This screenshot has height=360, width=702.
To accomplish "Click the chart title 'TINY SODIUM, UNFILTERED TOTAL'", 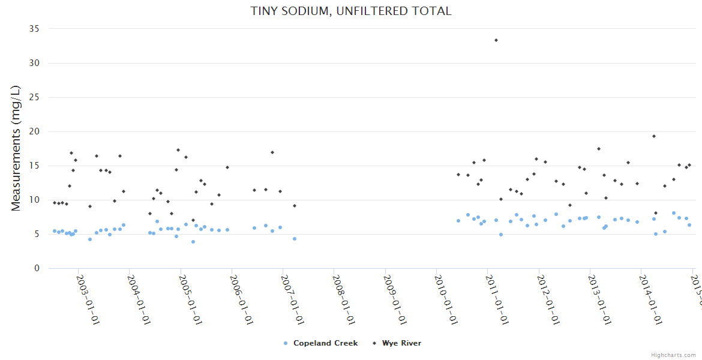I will coord(351,11).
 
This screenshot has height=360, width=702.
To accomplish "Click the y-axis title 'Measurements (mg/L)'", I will coord(16,148).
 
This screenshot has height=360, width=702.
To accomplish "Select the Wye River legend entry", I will coord(401,343).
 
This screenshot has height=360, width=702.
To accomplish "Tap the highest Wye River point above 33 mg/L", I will coord(496,40).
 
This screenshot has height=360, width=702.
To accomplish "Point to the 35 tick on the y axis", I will coord(34,29).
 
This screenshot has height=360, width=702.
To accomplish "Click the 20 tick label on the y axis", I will coord(34,131).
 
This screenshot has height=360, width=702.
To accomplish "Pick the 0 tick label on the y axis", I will coord(37,268).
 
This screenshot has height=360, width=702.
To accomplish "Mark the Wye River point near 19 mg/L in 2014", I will coord(654,136).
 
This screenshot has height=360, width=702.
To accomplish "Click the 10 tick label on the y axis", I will coord(34,200).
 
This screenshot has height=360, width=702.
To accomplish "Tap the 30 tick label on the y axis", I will coord(34,63).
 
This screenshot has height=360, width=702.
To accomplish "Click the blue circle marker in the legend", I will coord(286,343).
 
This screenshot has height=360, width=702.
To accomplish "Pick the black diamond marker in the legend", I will coord(374,343).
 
